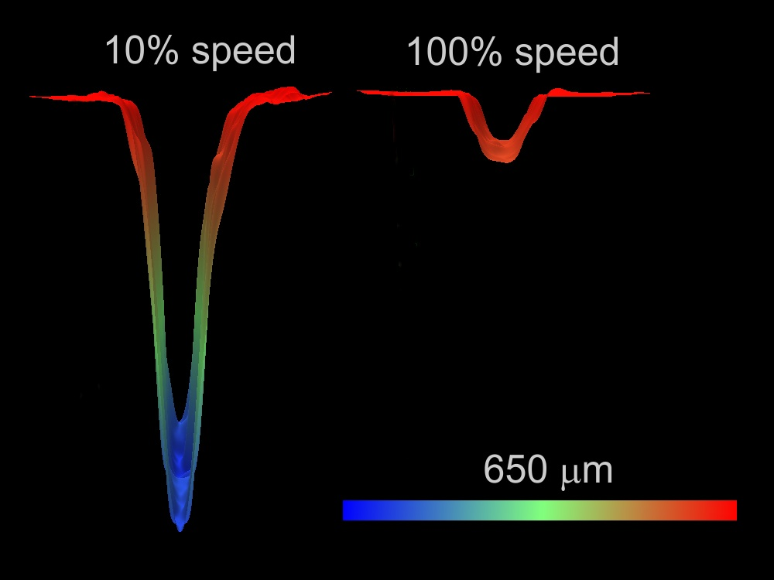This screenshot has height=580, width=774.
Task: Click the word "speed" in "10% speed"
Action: [244, 51]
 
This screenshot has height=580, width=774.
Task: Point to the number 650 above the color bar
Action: [515, 469]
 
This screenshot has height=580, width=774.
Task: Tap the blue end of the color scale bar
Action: [352, 510]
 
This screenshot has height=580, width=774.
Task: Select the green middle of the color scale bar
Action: [539, 510]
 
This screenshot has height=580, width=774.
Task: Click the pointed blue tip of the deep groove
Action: [180, 527]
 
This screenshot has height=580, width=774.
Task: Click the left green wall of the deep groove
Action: [157, 309]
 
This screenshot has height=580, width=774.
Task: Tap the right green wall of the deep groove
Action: [204, 309]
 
